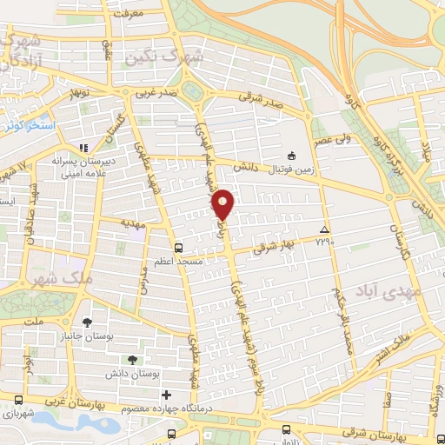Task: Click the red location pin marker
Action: [x=223, y=204]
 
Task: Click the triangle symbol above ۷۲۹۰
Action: [x=323, y=229]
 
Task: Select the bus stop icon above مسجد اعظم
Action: [x=177, y=246]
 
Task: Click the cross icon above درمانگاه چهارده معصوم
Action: [x=168, y=395]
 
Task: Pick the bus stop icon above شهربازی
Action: [x=18, y=402]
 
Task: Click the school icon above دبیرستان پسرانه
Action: [x=85, y=149]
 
